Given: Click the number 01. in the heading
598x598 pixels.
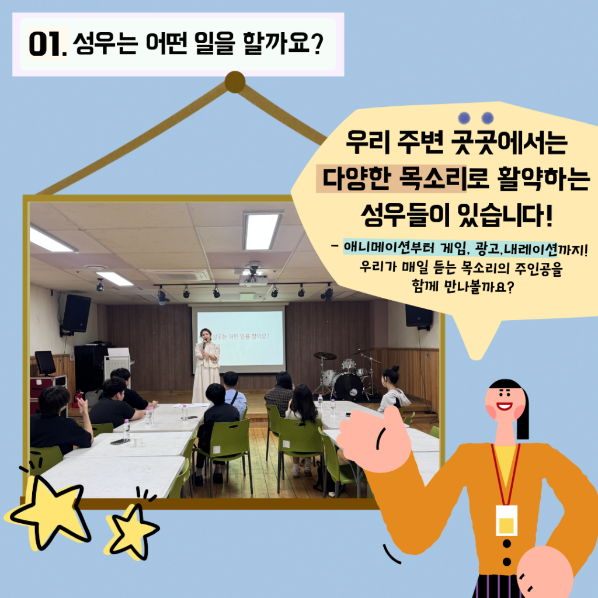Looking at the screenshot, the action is tap(48, 44).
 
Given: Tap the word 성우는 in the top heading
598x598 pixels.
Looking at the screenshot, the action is tap(105, 43).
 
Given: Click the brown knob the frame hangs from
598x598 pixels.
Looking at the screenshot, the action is tap(235, 82).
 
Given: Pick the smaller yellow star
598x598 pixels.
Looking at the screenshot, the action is tap(133, 531).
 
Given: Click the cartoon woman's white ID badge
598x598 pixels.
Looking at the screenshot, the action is tap(506, 520).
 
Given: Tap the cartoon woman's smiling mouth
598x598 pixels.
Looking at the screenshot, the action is tap(504, 406).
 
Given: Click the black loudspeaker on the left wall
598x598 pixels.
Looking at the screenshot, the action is tap(77, 314).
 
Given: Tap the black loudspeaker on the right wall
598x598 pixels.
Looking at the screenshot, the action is tap(419, 316).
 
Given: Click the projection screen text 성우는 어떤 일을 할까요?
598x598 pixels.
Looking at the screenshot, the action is tap(240, 336).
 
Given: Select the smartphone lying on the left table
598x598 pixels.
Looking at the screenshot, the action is tap(120, 441).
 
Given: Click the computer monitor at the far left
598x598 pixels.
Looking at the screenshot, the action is tap(46, 362).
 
